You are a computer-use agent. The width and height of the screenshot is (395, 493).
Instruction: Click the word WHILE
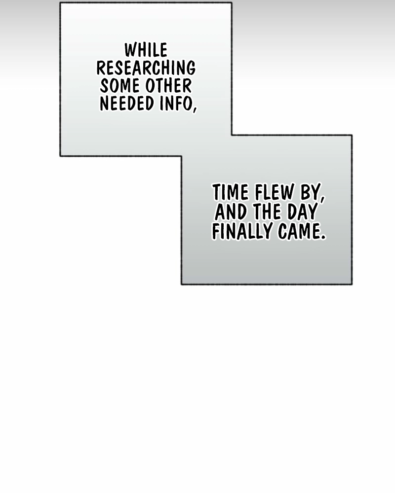(x=146, y=50)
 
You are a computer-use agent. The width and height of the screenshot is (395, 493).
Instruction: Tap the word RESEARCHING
(x=146, y=68)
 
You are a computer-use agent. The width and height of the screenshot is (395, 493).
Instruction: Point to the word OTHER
(x=168, y=86)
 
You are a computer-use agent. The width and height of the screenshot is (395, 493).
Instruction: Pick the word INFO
(x=175, y=104)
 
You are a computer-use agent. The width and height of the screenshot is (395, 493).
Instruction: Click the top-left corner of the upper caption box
(x=60, y=2)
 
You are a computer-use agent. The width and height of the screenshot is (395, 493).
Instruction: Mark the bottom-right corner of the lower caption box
(x=352, y=284)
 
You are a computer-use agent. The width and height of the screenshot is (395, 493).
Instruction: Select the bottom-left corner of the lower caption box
(x=182, y=284)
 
